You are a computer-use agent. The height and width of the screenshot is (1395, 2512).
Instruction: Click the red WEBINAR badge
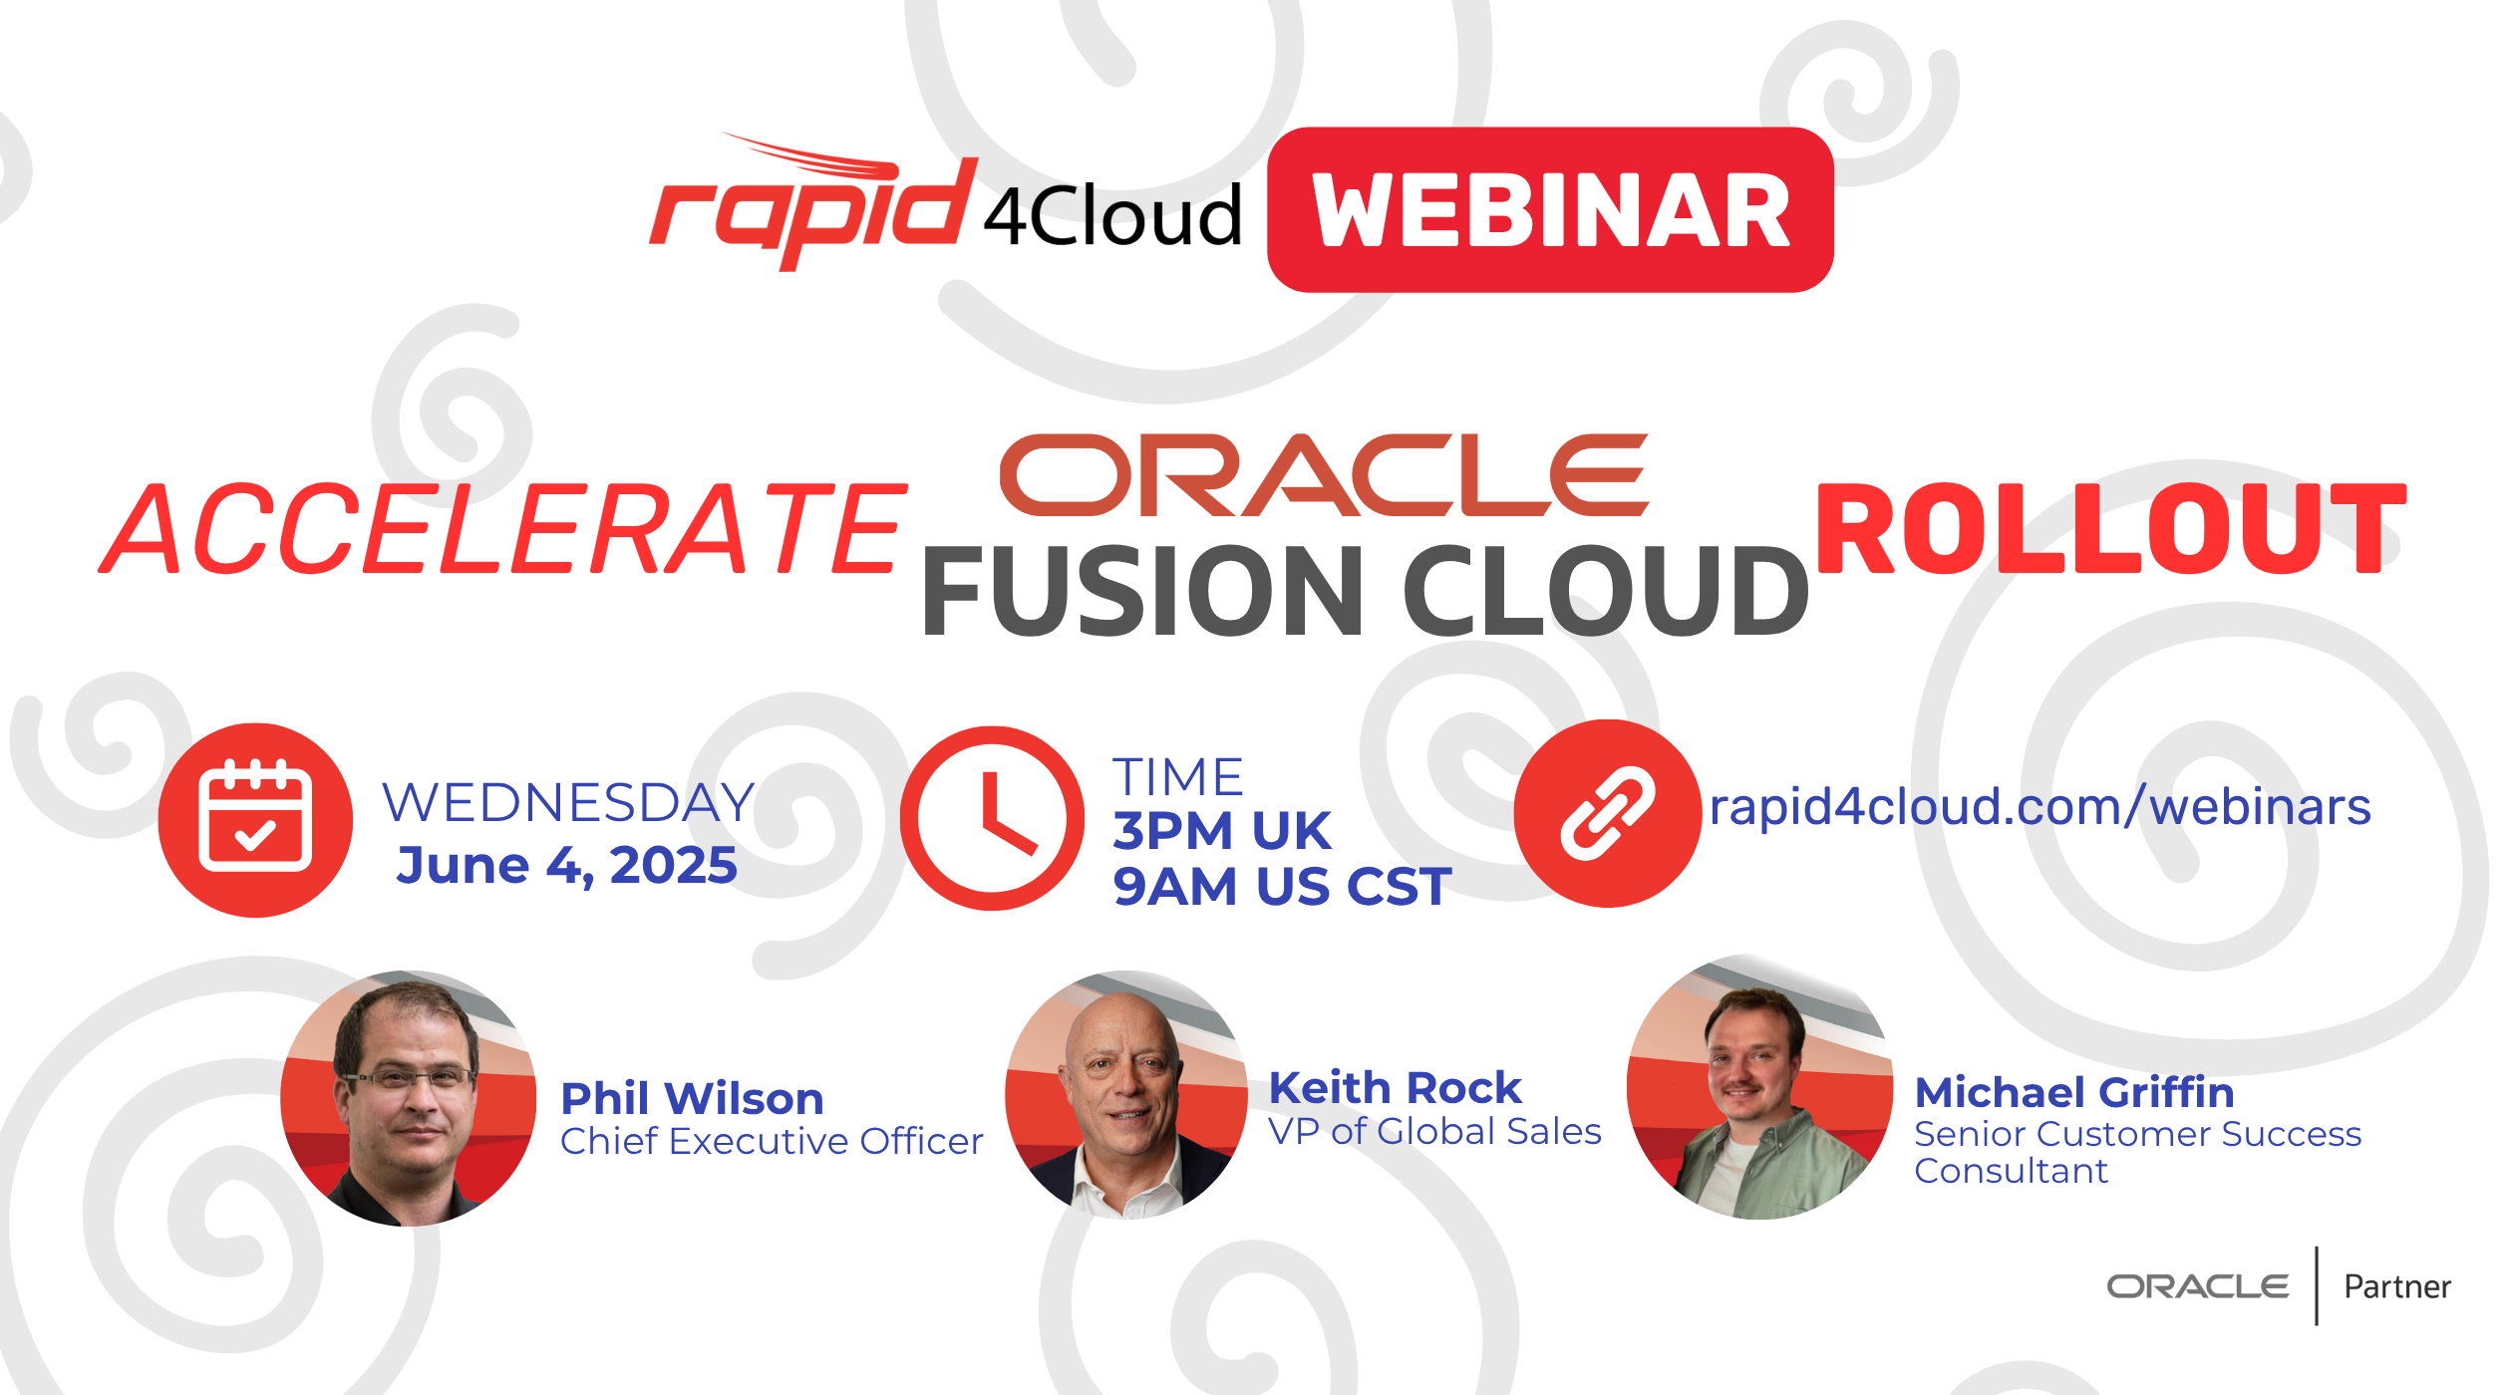click(x=1550, y=209)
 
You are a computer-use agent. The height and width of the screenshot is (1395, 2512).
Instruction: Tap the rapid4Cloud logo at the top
click(x=945, y=202)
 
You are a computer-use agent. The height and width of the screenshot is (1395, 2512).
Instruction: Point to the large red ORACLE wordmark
click(x=1324, y=475)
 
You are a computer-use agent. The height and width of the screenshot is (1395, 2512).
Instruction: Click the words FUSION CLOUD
click(x=1365, y=592)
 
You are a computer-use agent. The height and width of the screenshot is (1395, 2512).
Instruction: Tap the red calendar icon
click(x=255, y=820)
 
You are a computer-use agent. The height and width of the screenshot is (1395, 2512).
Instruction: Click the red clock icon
click(x=992, y=818)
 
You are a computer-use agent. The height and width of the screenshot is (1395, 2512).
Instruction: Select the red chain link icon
click(x=1608, y=813)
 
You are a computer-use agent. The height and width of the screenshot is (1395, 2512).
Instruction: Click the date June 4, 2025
click(x=567, y=865)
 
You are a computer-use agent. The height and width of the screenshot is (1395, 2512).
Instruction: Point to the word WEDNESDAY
click(x=569, y=803)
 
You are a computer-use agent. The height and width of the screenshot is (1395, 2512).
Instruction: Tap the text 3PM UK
click(x=1222, y=831)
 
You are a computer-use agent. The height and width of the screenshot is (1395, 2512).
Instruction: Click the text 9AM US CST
click(x=1282, y=887)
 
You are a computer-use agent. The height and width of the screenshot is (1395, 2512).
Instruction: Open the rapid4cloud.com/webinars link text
click(x=2041, y=806)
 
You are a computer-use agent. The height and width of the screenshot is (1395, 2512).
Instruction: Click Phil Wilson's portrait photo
click(x=409, y=1098)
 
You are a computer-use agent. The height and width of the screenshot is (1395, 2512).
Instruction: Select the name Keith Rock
click(x=1395, y=1088)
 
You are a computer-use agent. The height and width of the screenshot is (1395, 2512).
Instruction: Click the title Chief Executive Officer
click(x=772, y=1142)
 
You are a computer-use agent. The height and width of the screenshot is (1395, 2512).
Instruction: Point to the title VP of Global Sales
click(x=1434, y=1132)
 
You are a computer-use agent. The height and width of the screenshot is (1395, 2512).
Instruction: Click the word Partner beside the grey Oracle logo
click(x=2397, y=1287)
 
